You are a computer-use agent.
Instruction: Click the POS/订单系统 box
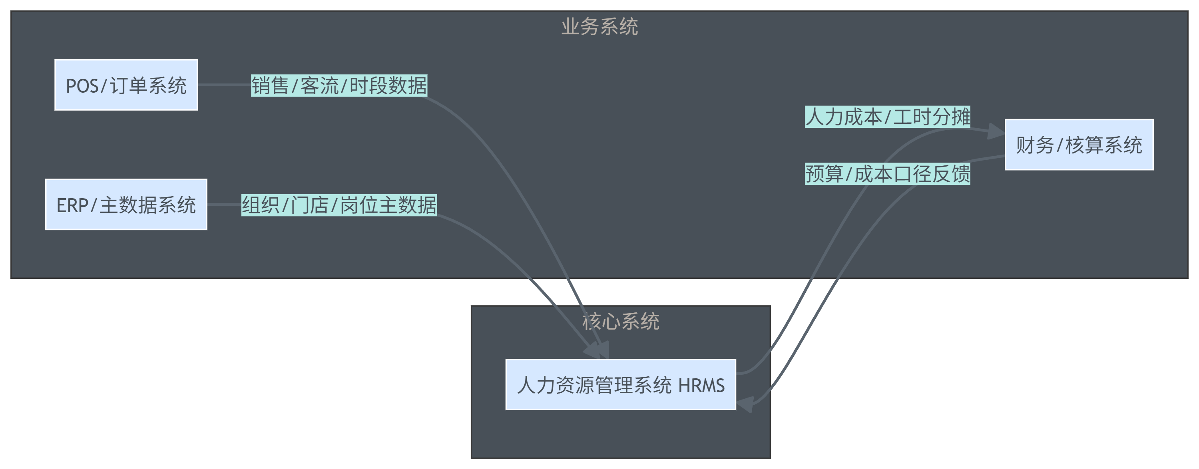coord(126,85)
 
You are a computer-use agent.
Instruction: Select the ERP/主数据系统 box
coord(126,205)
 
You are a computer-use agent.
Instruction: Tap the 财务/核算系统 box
coord(1079,145)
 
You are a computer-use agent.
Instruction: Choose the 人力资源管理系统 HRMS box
coord(620,385)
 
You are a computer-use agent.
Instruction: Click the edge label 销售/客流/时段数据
coord(339,85)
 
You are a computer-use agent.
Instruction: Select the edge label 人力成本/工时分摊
coord(887,117)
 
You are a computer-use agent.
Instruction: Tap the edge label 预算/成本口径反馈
coord(887,174)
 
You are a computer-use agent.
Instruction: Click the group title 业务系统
coord(599,26)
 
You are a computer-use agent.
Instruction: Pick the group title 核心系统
coord(620,322)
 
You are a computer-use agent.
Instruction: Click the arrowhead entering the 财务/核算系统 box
coord(996,132)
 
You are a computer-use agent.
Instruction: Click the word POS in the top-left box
coord(82,86)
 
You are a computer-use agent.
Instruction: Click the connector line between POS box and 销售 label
coord(224,85)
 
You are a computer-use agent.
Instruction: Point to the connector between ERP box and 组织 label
coord(224,205)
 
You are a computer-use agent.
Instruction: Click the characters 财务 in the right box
coord(1035,145)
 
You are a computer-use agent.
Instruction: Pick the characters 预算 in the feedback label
coord(824,174)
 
